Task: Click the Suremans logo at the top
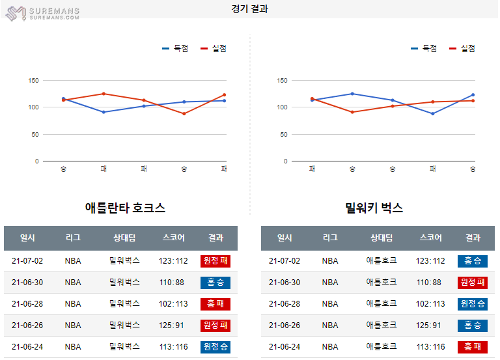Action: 42,12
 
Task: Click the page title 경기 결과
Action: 249,9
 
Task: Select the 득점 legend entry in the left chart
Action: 175,48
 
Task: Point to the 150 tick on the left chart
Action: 34,81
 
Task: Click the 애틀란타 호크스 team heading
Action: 125,208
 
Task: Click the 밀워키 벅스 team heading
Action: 374,208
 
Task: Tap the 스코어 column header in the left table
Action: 174,238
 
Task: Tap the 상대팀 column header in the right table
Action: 382,238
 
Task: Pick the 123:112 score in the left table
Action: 173,261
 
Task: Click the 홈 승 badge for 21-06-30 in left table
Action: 215,283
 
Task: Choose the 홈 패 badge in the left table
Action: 215,304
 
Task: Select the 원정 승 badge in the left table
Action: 215,347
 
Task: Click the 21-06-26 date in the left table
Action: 27,325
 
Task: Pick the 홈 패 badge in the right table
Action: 473,347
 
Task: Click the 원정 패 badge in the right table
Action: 473,283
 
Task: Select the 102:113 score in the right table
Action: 430,304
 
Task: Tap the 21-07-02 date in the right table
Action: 285,261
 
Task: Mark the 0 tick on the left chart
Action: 36,161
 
